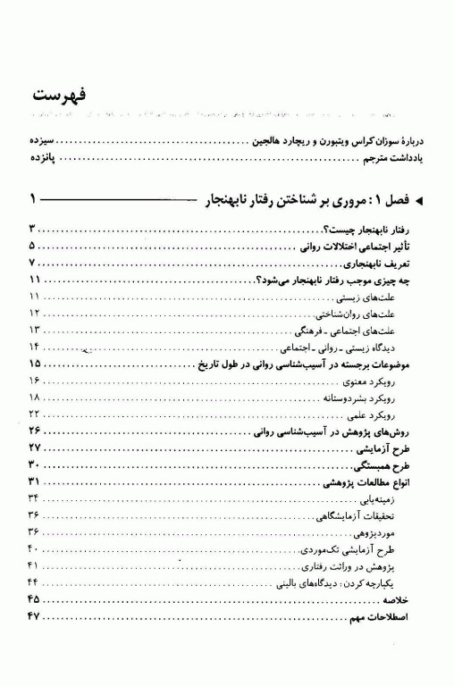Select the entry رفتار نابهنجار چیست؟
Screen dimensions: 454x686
tap(377, 230)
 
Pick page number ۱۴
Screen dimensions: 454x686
tap(35, 347)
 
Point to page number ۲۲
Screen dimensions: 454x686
tap(35, 414)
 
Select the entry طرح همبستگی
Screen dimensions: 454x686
tap(391, 464)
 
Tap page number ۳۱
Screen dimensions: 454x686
tap(35, 481)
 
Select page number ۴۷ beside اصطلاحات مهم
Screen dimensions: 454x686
tap(35, 616)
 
